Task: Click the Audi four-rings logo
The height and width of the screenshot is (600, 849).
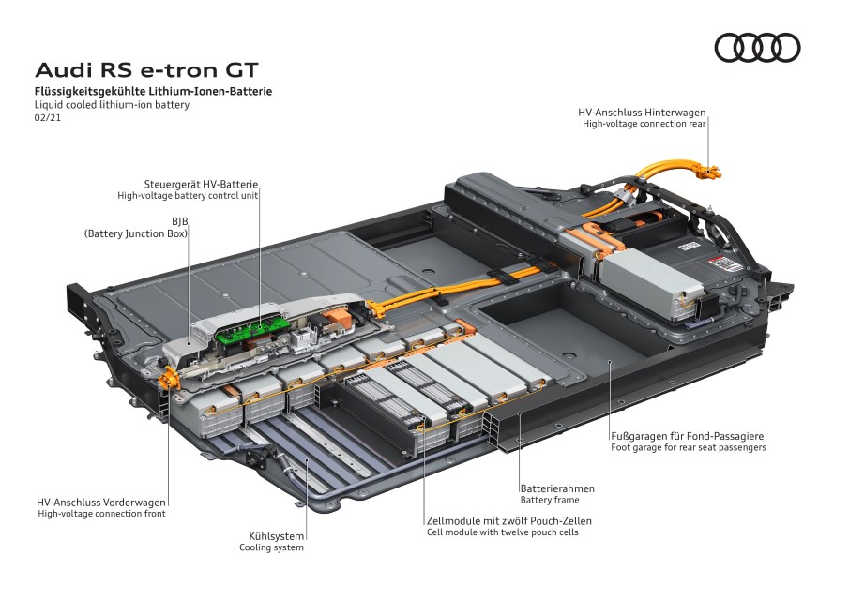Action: [757, 48]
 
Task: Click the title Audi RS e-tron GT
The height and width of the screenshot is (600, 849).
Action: [145, 70]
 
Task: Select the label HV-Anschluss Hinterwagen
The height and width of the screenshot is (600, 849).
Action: [642, 112]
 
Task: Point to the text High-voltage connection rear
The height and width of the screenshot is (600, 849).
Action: [644, 123]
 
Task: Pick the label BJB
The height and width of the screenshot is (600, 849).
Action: [179, 220]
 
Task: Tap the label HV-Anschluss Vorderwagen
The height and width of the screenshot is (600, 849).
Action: [101, 502]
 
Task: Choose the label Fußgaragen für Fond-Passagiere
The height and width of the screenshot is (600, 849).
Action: [688, 436]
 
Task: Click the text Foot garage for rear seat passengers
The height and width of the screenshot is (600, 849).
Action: [688, 448]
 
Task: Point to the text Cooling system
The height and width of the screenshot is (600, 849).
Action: [271, 547]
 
